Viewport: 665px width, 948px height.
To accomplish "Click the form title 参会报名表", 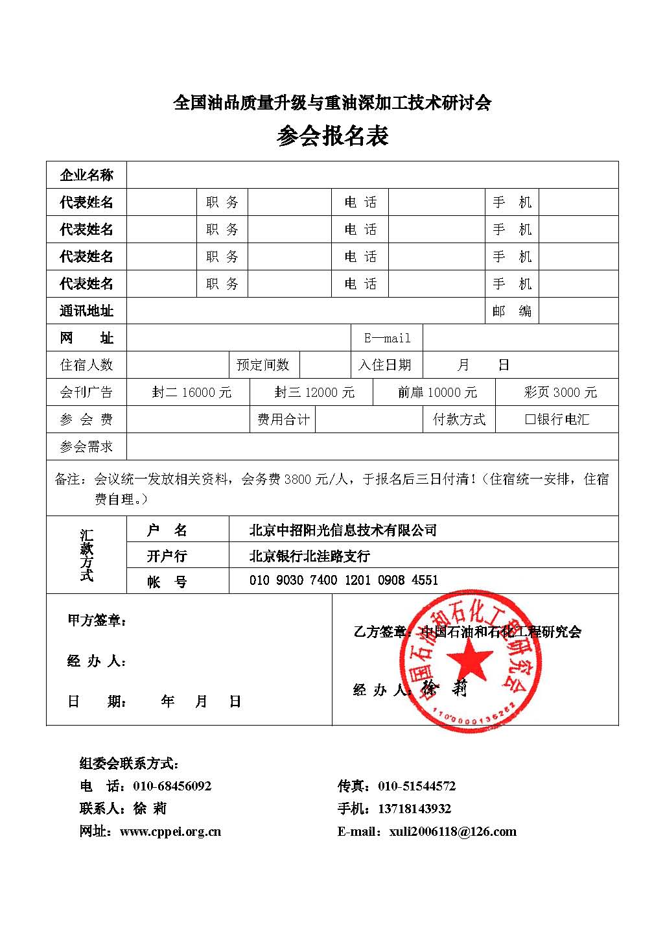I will [332, 136].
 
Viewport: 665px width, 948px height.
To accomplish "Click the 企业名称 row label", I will [86, 175].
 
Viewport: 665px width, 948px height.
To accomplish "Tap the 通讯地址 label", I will [86, 311].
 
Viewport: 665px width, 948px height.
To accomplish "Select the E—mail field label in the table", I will [387, 338].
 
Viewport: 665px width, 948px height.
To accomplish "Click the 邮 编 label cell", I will [511, 311].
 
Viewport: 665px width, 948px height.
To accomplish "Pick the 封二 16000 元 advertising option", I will [191, 392].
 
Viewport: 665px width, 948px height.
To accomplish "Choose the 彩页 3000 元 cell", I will [560, 392].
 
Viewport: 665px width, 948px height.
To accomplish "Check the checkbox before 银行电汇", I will [530, 420].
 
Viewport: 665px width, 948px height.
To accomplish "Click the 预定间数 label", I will [262, 365].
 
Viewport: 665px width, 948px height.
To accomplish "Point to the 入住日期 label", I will [384, 365].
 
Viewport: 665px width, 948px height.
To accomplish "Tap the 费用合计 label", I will [283, 420].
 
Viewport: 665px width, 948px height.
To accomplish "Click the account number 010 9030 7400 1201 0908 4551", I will [344, 580].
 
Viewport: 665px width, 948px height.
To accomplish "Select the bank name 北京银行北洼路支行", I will [309, 556].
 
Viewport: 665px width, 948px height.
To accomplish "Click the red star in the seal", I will [469, 662].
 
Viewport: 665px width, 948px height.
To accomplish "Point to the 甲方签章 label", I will [97, 621].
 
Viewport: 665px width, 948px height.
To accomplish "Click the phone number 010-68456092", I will [172, 786].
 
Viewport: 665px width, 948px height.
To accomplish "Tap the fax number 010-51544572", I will [417, 786].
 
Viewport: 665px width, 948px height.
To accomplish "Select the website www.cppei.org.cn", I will [170, 831].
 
